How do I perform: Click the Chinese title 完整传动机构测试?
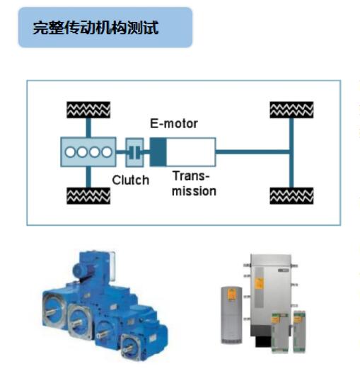point(96,28)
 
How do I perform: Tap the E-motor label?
point(173,123)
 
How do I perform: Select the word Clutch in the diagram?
point(130,180)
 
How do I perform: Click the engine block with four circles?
point(88,151)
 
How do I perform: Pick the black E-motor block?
point(157,150)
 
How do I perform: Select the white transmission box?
point(190,150)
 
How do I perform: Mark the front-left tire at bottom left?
point(87,193)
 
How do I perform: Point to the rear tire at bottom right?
point(291,193)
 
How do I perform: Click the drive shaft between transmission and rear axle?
point(252,150)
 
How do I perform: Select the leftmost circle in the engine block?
point(71,151)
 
